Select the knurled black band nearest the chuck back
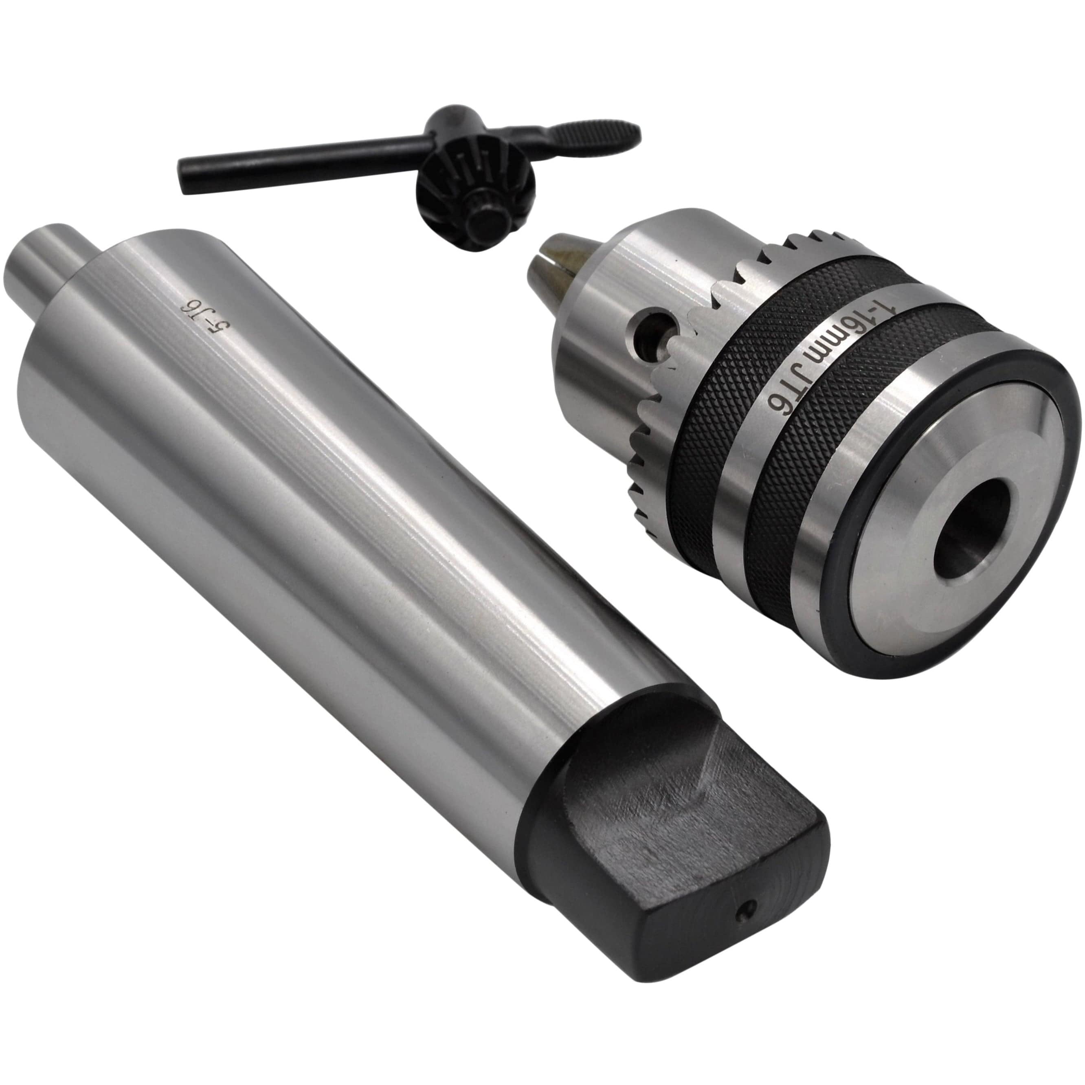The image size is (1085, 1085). (x=809, y=505)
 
